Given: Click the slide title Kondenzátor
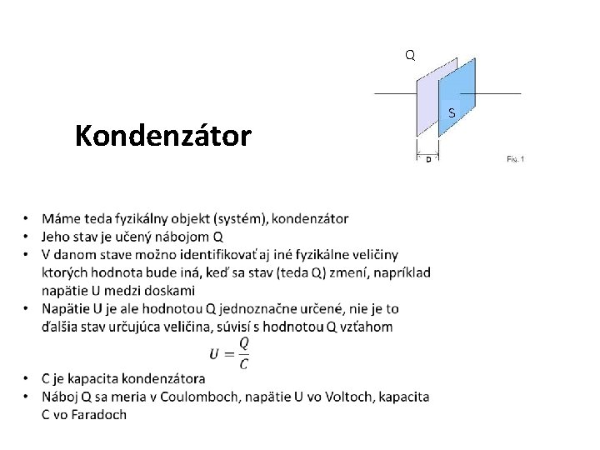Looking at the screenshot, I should [162, 135].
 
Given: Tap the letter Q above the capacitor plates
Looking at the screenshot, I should [409, 56].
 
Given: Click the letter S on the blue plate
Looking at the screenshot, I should [451, 113].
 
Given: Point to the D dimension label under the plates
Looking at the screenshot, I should [428, 158].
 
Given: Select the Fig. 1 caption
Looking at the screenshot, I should [516, 158].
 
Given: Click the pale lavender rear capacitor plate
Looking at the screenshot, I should [427, 104].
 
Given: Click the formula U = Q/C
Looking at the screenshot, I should [231, 352].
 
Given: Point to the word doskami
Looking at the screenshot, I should [167, 290].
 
